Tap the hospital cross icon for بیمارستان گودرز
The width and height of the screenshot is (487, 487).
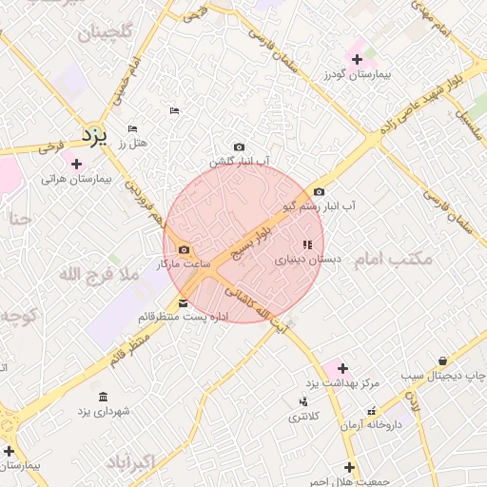coord(358,59)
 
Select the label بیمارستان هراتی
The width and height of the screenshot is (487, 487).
coord(77,178)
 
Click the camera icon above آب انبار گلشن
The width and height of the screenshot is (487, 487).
coord(239,146)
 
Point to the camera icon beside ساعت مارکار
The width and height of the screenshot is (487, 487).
coord(184,249)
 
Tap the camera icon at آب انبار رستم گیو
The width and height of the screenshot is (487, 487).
coord(319,191)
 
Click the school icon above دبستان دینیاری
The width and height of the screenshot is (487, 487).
coord(306,244)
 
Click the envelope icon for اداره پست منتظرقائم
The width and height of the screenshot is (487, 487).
coord(184,303)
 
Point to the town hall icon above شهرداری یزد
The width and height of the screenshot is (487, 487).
coord(103,397)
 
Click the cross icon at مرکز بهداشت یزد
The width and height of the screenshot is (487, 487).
coord(342,367)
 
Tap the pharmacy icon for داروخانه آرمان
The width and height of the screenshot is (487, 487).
coord(371,411)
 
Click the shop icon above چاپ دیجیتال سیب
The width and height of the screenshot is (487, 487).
coord(444,360)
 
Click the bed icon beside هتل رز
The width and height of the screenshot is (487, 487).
coord(132,128)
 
